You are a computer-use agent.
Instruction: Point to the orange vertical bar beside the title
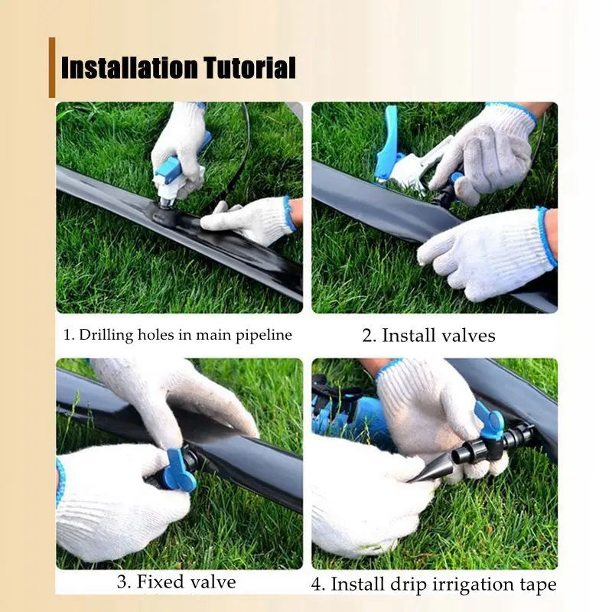point(52,67)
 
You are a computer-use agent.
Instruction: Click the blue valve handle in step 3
point(178,469)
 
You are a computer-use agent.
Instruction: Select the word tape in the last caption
point(535,584)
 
